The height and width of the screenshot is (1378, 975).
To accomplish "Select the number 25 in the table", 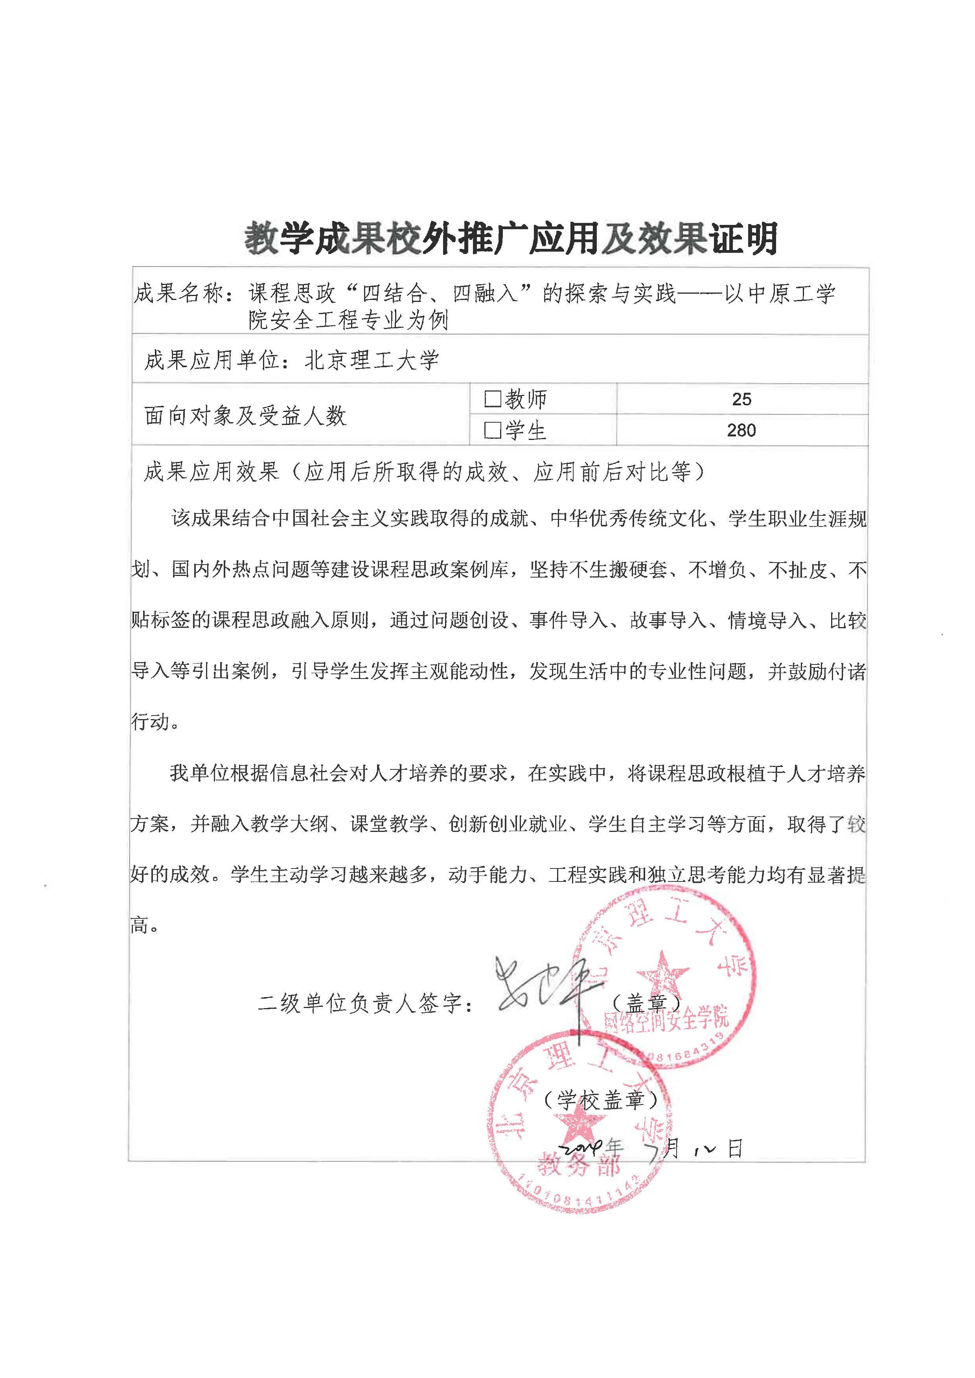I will [741, 399].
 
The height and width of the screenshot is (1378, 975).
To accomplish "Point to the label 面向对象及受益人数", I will [246, 416].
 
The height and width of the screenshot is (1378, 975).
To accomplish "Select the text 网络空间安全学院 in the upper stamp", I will [666, 1021].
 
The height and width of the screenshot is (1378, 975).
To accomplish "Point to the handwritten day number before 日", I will [704, 1150].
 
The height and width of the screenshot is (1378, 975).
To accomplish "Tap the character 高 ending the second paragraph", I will [140, 925].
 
